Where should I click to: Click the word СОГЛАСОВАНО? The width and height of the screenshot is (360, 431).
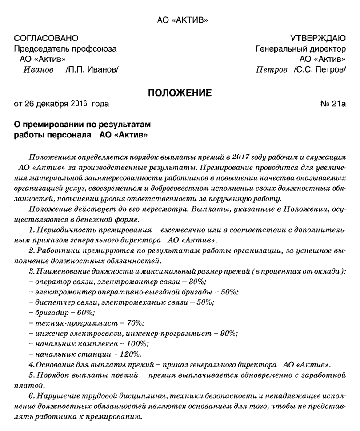click(46, 39)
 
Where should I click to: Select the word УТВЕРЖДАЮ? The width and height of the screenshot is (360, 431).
click(317, 39)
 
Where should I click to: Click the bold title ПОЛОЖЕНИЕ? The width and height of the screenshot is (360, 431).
click(180, 93)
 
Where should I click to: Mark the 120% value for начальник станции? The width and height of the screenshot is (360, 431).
click(132, 354)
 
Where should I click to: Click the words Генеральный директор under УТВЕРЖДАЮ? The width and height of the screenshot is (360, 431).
click(301, 49)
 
